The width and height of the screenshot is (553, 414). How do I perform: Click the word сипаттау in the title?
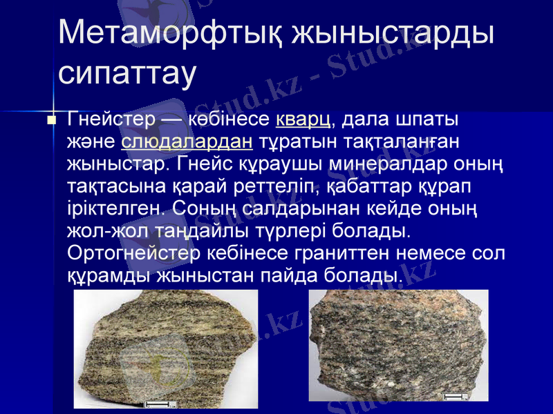[x=128, y=72]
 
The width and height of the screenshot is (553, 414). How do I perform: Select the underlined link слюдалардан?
[x=186, y=142]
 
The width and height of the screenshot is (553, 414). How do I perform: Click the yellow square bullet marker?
[x=50, y=121]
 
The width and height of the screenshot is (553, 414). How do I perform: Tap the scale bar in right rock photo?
[x=454, y=395]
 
